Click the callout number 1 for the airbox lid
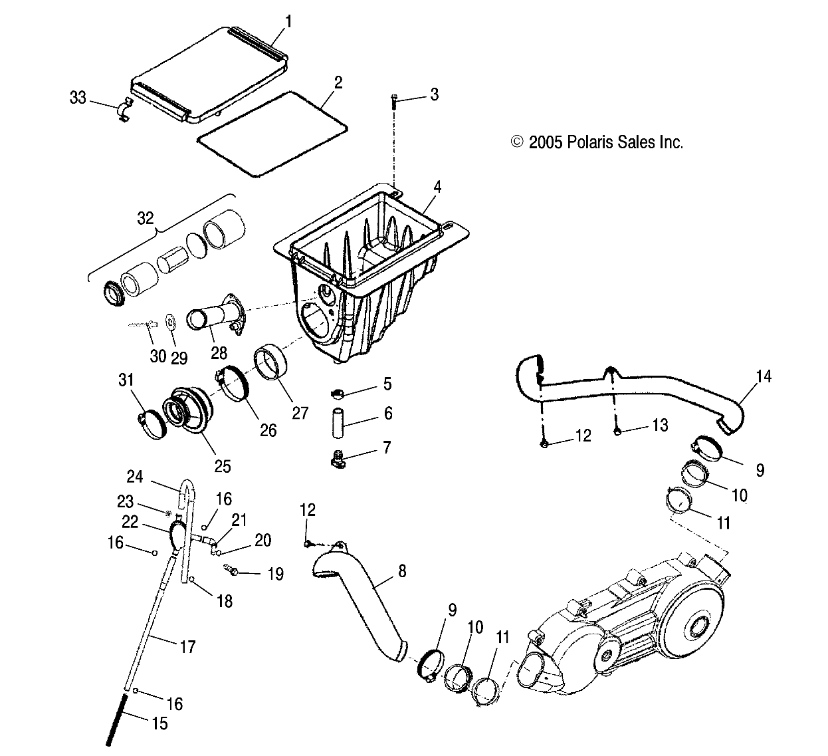[x=289, y=21]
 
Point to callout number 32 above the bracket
[x=145, y=217]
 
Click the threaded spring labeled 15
[x=117, y=718]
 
